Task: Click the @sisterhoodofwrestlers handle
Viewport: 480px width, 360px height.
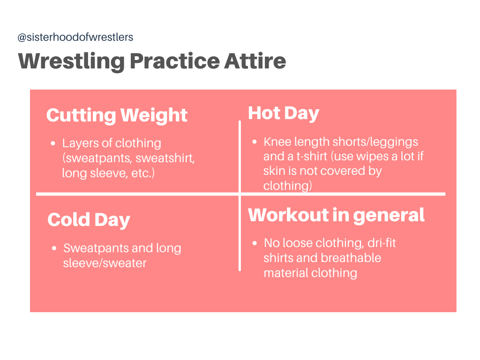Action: [x=75, y=37]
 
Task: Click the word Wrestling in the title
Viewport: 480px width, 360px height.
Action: [x=71, y=61]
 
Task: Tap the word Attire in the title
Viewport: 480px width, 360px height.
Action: [x=255, y=61]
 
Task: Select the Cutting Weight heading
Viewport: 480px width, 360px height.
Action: [x=117, y=115]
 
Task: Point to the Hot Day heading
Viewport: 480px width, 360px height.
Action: [x=284, y=113]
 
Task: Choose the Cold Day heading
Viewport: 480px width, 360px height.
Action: [x=89, y=220]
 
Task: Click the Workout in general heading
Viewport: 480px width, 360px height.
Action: [x=336, y=215]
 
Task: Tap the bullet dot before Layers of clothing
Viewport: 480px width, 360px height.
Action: [x=53, y=143]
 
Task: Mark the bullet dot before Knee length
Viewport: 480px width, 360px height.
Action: [x=255, y=142]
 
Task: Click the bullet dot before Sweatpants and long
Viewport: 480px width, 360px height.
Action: [x=54, y=248]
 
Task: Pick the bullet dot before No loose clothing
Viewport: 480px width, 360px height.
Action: [x=255, y=243]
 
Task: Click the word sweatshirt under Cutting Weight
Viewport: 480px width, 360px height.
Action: [x=165, y=158]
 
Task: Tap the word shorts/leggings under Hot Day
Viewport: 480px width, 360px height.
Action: [x=375, y=142]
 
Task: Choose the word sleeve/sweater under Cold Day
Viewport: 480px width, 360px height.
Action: [x=105, y=263]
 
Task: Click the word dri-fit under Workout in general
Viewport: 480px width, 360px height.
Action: [x=382, y=243]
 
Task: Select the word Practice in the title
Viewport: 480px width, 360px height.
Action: [x=175, y=61]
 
